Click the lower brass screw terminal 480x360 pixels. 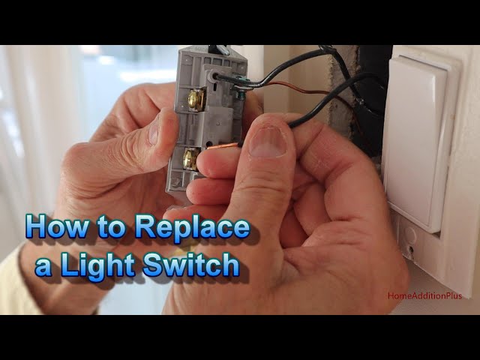[191, 158]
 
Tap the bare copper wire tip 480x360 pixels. [223, 146]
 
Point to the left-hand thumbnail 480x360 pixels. [154, 133]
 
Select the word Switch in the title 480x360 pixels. [190, 264]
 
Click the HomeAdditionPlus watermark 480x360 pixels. [425, 295]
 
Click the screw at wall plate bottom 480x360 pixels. [411, 249]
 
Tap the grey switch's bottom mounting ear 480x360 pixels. [178, 181]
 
